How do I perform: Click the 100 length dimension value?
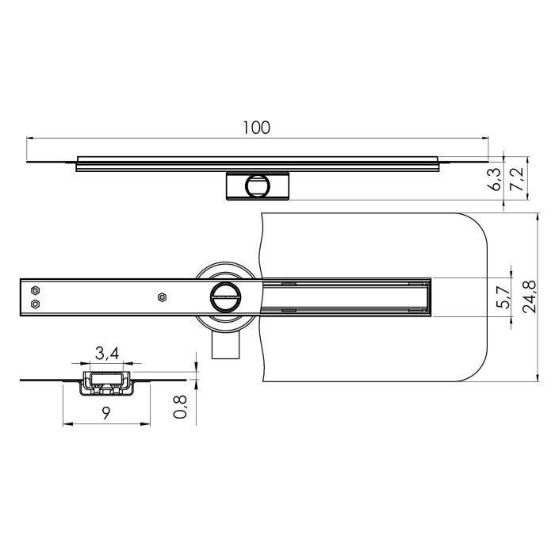[257, 127]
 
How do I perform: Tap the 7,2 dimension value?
[519, 178]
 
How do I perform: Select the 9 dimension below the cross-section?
[105, 412]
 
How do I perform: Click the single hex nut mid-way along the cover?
[162, 297]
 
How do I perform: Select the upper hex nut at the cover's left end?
[35, 289]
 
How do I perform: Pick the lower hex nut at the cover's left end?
[35, 304]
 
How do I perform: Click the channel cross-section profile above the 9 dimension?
[105, 382]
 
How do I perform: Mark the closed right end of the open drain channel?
[427, 297]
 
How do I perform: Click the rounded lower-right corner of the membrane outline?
[474, 365]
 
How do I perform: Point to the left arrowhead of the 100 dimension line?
[30, 138]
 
